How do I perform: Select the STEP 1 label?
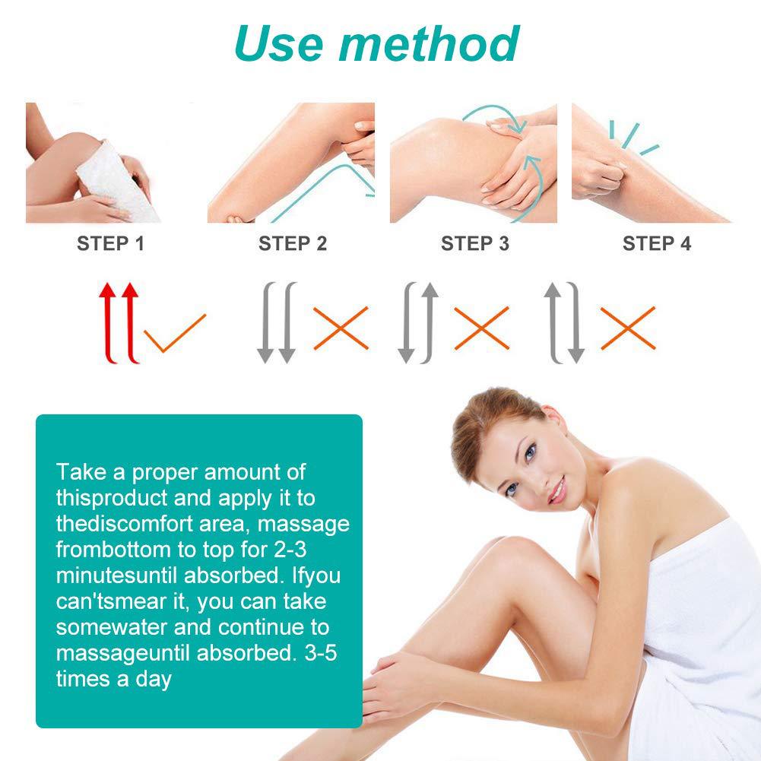pyautogui.click(x=110, y=244)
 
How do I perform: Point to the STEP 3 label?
pyautogui.click(x=475, y=244)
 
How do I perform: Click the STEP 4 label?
pyautogui.click(x=657, y=244)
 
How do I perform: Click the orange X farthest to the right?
pyautogui.click(x=628, y=328)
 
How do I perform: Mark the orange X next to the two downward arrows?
pyautogui.click(x=341, y=328)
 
